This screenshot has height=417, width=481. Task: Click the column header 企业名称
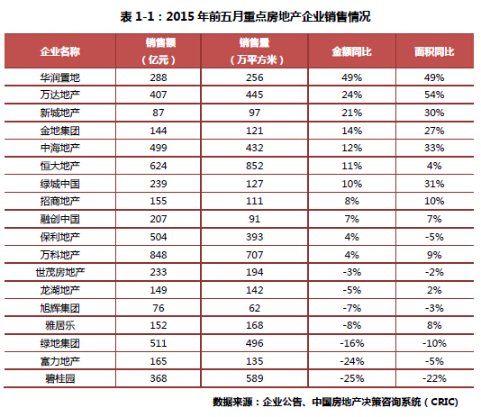click(x=59, y=51)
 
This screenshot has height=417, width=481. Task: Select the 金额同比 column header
click(x=351, y=51)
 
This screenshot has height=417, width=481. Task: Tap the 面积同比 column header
click(x=434, y=51)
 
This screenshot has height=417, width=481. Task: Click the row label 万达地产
click(x=59, y=95)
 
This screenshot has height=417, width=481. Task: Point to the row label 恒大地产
click(x=59, y=166)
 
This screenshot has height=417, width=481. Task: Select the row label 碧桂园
click(x=59, y=378)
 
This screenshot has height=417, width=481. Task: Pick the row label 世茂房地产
click(x=59, y=272)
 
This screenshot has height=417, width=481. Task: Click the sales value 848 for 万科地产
click(x=159, y=255)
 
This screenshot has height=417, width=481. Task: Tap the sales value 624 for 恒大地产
click(x=159, y=166)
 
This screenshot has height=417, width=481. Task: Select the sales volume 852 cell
click(x=254, y=166)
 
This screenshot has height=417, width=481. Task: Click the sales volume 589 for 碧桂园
click(x=254, y=378)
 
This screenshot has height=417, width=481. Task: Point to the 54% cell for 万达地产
click(x=434, y=95)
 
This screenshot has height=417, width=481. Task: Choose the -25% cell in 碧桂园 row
click(x=351, y=378)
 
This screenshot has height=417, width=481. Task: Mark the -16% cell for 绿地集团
click(x=351, y=343)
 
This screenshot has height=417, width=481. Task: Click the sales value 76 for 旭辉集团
click(x=159, y=308)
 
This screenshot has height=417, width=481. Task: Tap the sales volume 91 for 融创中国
click(x=254, y=219)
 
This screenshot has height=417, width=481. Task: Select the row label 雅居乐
click(x=59, y=325)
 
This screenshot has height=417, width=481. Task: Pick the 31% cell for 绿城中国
click(x=434, y=184)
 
